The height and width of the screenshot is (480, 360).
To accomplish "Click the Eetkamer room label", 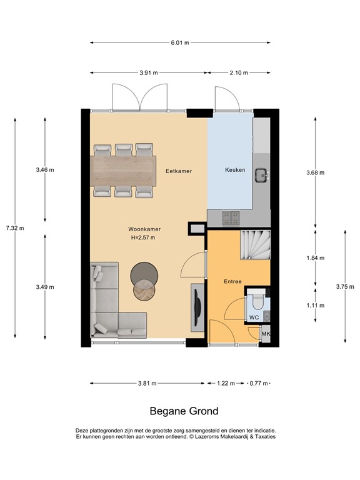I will point(178,171).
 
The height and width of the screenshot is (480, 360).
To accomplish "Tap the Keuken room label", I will point(235,170).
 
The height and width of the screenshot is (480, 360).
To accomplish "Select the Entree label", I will point(232,282).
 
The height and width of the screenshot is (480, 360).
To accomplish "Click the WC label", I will point(254,317).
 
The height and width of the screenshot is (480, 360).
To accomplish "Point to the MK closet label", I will point(265,334).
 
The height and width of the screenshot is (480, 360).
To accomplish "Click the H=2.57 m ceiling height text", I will point(142,237).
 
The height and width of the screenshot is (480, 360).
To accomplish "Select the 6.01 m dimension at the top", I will point(181,43).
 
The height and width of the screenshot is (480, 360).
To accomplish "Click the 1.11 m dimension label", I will point(316,305).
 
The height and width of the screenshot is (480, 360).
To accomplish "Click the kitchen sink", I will point(261,176).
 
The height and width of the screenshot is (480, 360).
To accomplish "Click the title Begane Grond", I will point(184,411).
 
